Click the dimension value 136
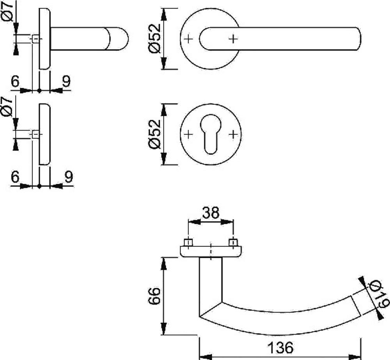click(280, 347)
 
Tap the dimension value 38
click(211, 213)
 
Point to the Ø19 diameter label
click(376, 295)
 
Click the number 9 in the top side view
click(66, 82)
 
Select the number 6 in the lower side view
click(15, 177)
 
